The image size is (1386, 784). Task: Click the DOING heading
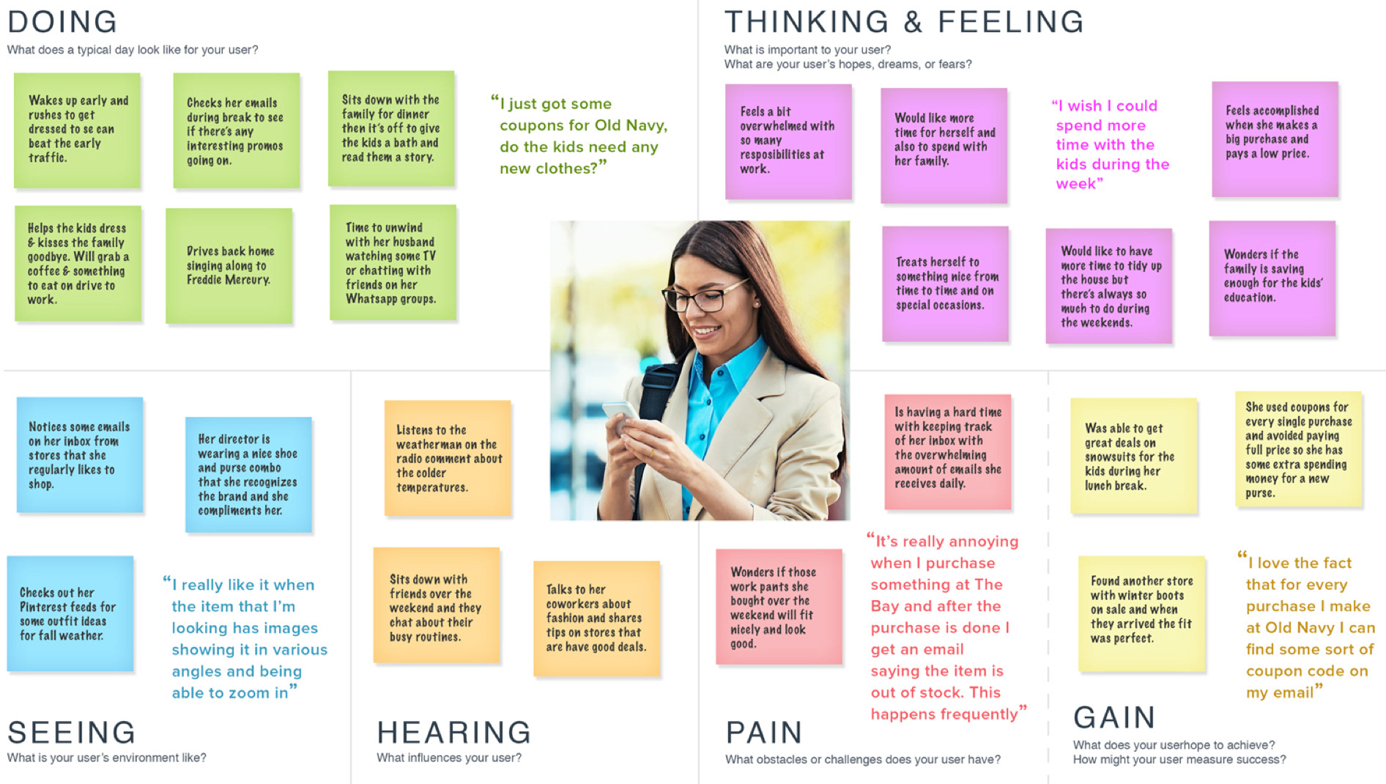click(x=62, y=22)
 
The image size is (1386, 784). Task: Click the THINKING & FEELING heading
click(x=904, y=22)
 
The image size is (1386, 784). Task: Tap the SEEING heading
click(x=72, y=733)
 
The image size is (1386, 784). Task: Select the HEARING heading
click(x=454, y=733)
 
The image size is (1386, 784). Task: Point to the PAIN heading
click(x=764, y=733)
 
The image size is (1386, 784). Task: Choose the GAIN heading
click(x=1114, y=717)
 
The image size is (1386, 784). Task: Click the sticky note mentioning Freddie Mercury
click(x=229, y=266)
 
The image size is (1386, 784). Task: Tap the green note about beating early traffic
click(x=77, y=130)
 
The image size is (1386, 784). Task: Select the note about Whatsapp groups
click(x=393, y=262)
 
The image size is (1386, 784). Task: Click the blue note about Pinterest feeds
click(x=70, y=613)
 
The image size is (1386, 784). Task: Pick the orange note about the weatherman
click(x=448, y=458)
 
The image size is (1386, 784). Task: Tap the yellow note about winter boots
click(x=1141, y=613)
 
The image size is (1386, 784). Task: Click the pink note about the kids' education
click(x=1272, y=278)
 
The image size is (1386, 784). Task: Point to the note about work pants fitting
click(x=779, y=607)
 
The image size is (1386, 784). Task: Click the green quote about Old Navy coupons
click(x=579, y=136)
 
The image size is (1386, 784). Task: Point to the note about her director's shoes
click(x=248, y=475)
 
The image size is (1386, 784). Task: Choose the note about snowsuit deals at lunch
click(x=1134, y=456)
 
